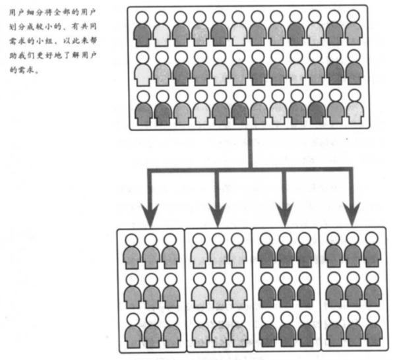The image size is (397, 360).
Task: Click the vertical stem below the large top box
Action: pyautogui.click(x=250, y=149)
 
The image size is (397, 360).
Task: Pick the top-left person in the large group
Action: pyautogui.click(x=142, y=29)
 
